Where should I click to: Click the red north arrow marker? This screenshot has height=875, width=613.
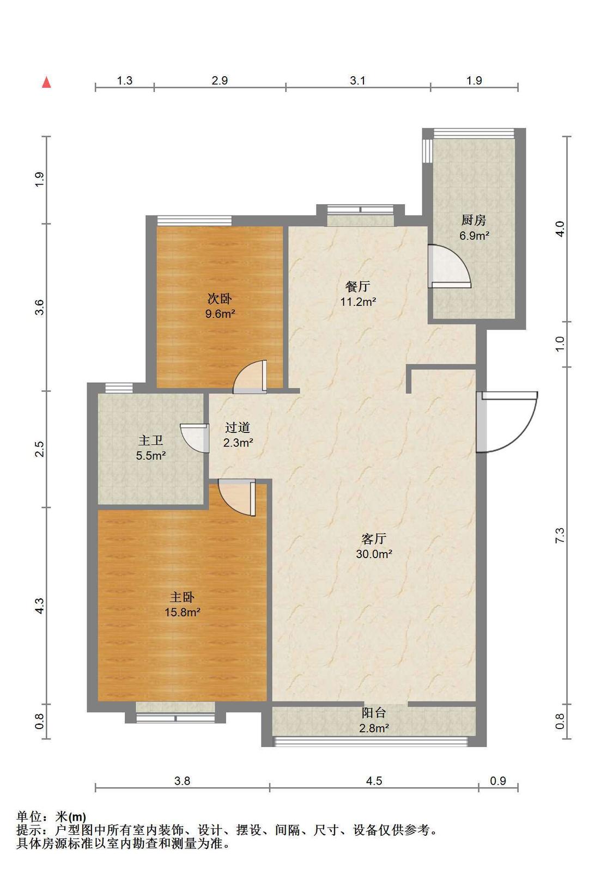pos(46,82)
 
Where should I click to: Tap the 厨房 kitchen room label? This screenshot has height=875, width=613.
pos(474,221)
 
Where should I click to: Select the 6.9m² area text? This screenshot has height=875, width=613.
pos(474,236)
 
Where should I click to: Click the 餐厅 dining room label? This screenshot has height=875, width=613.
pos(357,286)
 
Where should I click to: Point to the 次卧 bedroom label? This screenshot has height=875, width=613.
pos(220,299)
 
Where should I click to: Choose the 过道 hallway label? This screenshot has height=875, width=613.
pos(238,428)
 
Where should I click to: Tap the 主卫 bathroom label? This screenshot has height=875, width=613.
pos(150,440)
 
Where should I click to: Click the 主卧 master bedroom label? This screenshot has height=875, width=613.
pos(182,597)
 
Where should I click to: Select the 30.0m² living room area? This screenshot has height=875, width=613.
pos(374,554)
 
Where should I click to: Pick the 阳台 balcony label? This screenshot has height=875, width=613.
pos(374,713)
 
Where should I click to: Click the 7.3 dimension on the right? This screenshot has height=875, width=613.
pos(560,535)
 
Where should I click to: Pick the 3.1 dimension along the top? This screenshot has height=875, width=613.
pos(357,81)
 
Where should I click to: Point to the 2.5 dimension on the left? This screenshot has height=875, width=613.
pos(40,449)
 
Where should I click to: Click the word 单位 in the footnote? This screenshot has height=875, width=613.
pos(29,816)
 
